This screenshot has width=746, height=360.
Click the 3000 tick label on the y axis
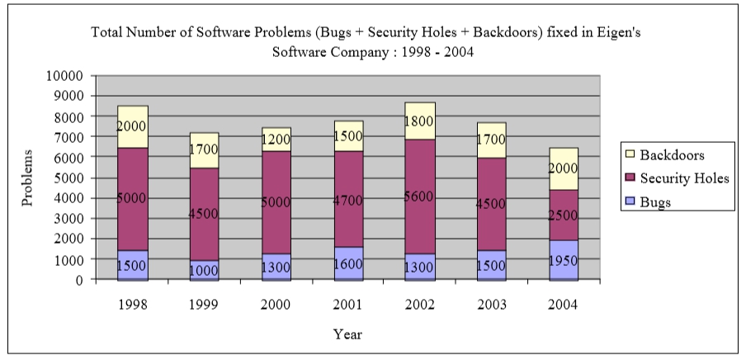(71, 218)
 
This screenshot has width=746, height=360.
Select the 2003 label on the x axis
(492, 304)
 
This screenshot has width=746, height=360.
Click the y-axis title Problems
(27, 178)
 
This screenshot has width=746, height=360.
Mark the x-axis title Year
(347, 334)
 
